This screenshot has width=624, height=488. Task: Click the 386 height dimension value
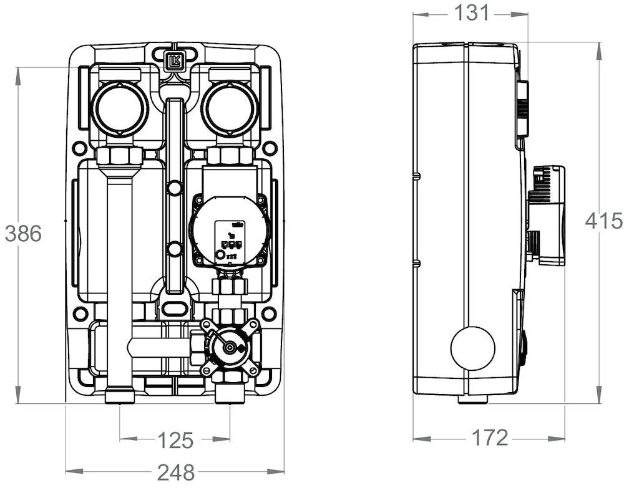pos(23,234)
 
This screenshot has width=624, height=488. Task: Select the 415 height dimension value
pos(603,221)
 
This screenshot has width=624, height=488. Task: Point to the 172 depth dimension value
pos(489,438)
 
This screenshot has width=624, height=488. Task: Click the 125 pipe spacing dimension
pos(175,440)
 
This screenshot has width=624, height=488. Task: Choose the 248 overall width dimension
pos(176,472)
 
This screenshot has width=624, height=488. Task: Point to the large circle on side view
pos(472,348)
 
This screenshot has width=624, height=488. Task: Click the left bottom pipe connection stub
pos(120,397)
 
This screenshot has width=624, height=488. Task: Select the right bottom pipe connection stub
pos(230,397)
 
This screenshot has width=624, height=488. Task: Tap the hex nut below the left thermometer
pos(119,155)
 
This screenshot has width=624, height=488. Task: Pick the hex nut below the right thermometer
pos(230,155)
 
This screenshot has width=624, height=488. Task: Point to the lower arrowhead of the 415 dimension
pos(599,395)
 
